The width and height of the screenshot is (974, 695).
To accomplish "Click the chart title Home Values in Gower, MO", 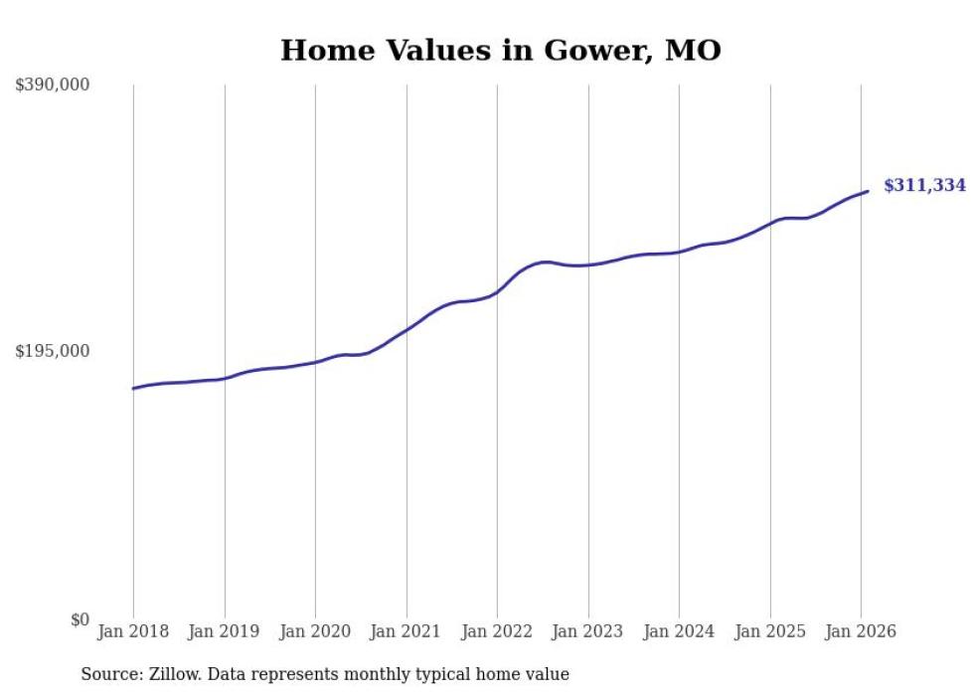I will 500,51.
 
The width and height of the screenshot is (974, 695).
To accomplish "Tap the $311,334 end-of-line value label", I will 924,186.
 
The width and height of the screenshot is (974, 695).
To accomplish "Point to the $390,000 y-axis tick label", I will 53,86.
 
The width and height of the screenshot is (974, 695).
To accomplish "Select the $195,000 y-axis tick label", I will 53,352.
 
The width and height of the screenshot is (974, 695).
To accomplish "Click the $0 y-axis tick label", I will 80,620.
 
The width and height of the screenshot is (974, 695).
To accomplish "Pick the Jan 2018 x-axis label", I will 133,632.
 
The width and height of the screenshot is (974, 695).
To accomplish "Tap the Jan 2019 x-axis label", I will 225,632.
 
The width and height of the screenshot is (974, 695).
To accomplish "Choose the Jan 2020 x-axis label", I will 315,632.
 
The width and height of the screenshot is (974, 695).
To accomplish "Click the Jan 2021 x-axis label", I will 406,632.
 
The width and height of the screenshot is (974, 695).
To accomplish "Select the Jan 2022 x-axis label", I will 497,632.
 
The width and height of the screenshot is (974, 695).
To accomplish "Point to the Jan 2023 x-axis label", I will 588,632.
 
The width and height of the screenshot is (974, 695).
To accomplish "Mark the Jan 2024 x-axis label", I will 679,632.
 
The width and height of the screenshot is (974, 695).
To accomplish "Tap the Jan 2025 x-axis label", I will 770,632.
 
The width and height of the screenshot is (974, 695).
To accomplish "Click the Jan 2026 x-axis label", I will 861,632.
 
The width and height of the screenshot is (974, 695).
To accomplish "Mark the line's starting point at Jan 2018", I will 133,389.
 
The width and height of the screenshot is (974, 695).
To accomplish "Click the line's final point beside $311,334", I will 869,191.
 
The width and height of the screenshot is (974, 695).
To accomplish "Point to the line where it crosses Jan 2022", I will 497,292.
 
